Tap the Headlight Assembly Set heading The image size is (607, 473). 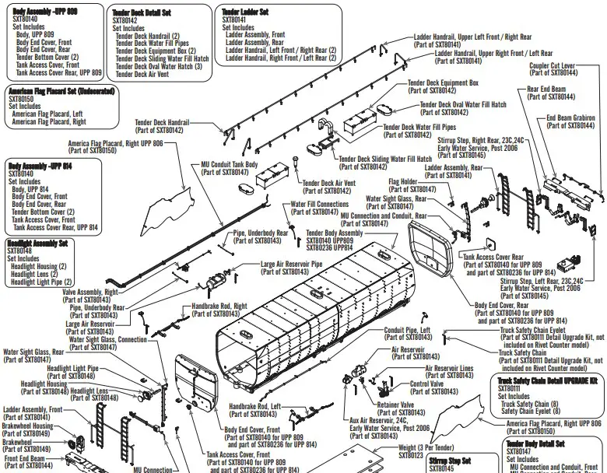[x=37, y=243]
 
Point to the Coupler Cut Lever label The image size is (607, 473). [x=553, y=66]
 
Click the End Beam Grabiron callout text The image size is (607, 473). [x=571, y=118]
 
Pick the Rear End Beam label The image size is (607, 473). [x=546, y=89]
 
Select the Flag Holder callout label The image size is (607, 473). [x=403, y=182]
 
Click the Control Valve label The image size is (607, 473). [x=426, y=384]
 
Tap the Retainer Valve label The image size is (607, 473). [x=395, y=405]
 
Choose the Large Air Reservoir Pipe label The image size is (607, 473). [x=302, y=265]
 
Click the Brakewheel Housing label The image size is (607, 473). [x=28, y=426]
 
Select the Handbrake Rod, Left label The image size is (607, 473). [x=254, y=406]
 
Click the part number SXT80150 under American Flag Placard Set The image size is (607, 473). [x=21, y=99]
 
